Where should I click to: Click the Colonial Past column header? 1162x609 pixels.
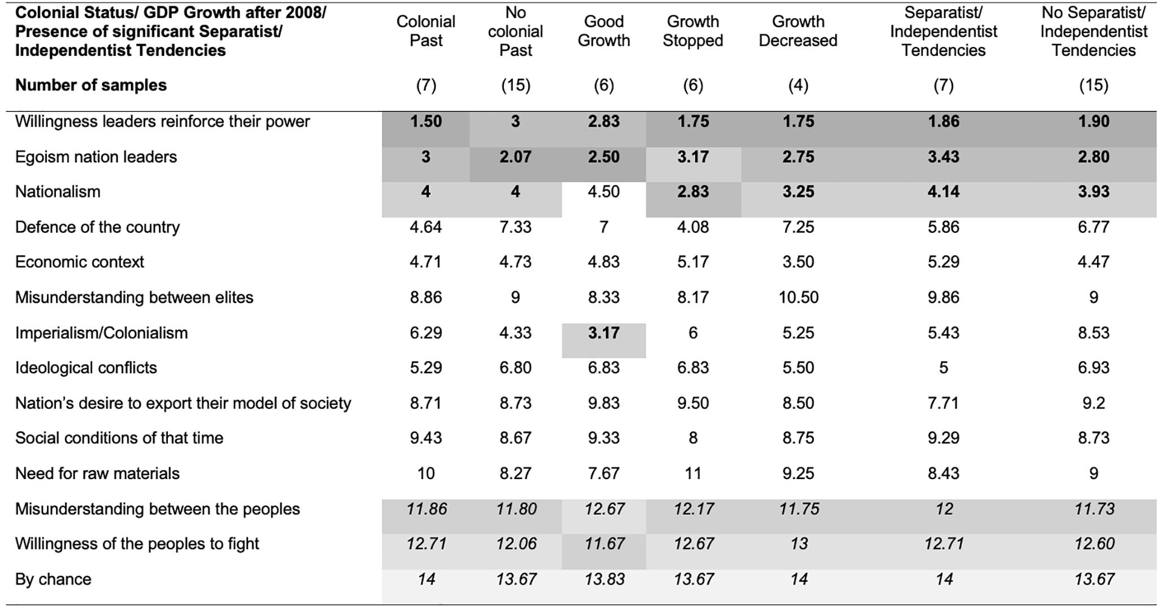(x=426, y=31)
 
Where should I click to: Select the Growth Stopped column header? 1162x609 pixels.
(x=693, y=31)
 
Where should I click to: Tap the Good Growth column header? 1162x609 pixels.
(x=603, y=31)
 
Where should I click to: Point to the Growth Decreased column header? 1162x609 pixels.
(x=798, y=31)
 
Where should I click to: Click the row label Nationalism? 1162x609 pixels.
(x=58, y=192)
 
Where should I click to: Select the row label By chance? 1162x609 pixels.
(x=53, y=580)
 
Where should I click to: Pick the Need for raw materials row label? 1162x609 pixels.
(x=97, y=473)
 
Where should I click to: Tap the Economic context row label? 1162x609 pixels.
(x=80, y=262)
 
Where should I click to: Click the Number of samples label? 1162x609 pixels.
(x=91, y=85)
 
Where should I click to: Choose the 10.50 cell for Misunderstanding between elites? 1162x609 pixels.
(x=798, y=298)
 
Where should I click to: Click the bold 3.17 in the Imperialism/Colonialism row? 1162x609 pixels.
(x=603, y=333)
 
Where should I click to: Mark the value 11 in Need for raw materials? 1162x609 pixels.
(x=693, y=473)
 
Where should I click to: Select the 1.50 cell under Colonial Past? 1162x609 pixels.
(x=426, y=121)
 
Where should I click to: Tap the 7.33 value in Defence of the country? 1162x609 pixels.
(x=516, y=227)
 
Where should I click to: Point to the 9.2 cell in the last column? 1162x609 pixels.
(x=1094, y=403)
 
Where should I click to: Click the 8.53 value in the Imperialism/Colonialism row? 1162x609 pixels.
(x=1094, y=333)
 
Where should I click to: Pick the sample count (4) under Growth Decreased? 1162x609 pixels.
(x=798, y=85)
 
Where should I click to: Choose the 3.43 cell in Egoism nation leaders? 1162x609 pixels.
(x=943, y=157)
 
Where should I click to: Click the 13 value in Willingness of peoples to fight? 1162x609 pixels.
(x=798, y=544)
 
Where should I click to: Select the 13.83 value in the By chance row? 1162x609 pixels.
(x=603, y=580)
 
